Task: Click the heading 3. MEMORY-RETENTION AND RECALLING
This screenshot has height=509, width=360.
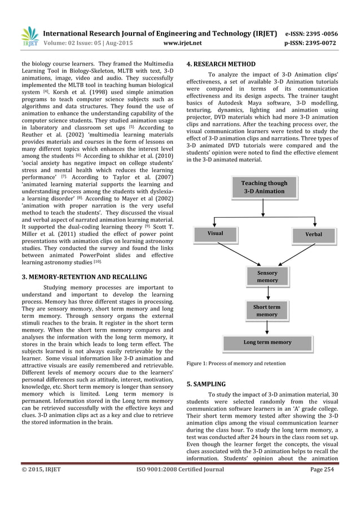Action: click(x=85, y=277)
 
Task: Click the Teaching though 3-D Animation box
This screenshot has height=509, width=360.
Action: click(x=264, y=187)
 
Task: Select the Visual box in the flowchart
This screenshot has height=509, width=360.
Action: click(x=215, y=233)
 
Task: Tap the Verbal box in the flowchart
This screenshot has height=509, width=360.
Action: click(x=313, y=233)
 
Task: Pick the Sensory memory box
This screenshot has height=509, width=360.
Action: click(x=267, y=277)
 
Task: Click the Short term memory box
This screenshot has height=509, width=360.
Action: click(x=267, y=310)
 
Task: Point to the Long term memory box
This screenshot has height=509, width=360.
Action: click(x=267, y=343)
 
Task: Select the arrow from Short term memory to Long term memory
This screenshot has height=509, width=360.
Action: click(x=267, y=327)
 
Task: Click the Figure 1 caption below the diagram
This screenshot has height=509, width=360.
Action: click(x=236, y=363)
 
